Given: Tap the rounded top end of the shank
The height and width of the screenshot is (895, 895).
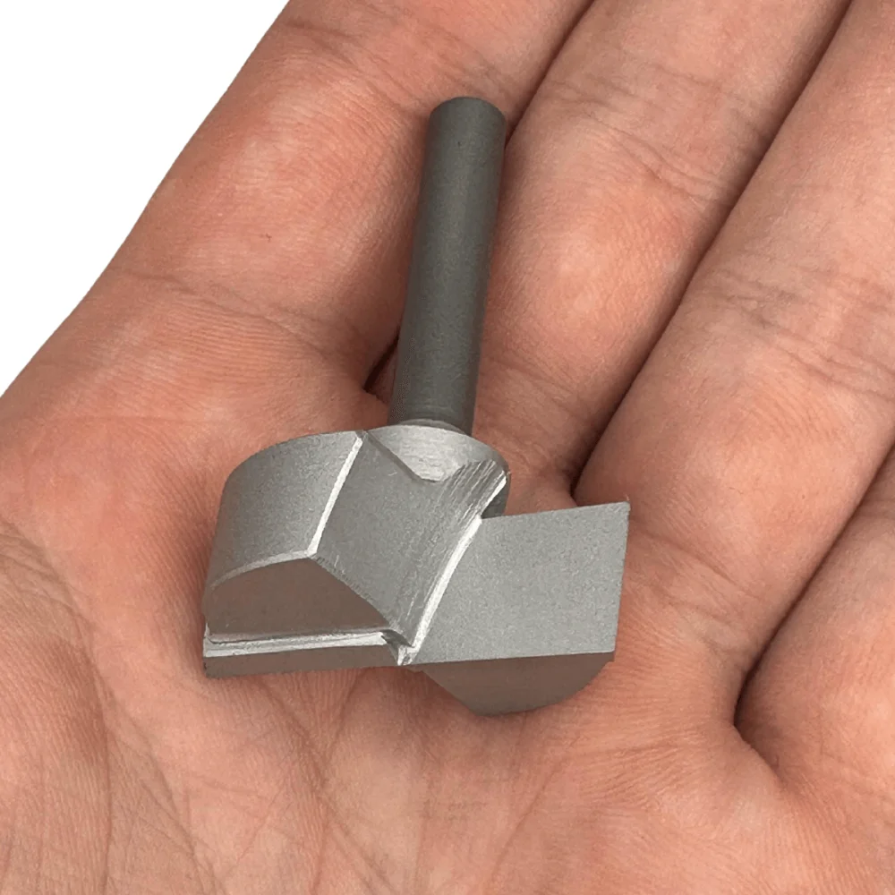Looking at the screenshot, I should pyautogui.click(x=466, y=109).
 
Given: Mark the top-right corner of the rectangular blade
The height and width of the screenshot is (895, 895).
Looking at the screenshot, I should pyautogui.click(x=626, y=506).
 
